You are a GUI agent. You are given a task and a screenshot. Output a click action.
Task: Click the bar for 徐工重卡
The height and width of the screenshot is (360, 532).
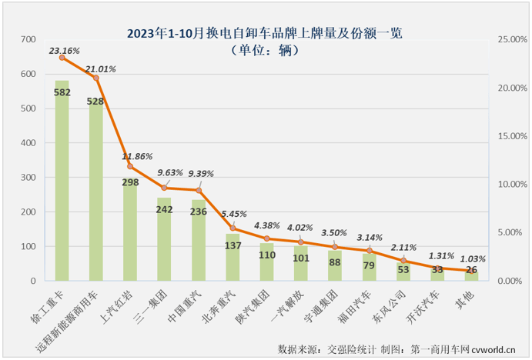pyautogui.click(x=62, y=181)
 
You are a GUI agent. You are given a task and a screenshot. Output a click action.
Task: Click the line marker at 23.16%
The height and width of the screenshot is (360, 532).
pyautogui.click(x=62, y=58)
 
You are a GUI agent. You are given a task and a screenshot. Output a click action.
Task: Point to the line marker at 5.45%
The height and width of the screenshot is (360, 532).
pyautogui.click(x=233, y=228)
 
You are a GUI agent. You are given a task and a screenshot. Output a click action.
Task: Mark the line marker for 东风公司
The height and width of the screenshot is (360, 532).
pyautogui.click(x=403, y=261)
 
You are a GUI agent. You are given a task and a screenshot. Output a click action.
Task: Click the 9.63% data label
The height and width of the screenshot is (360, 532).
pyautogui.click(x=165, y=173)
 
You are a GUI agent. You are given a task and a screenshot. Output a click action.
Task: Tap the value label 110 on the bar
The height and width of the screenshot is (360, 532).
pyautogui.click(x=266, y=254)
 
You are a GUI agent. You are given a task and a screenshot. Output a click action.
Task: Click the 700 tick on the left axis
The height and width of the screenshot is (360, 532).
pyautogui.click(x=29, y=39)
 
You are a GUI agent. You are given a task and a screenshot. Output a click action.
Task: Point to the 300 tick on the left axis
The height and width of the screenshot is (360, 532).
pyautogui.click(x=29, y=178)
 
